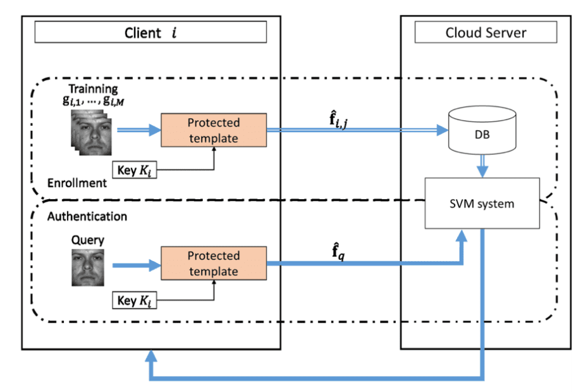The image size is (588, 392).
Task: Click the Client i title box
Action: click(150, 32)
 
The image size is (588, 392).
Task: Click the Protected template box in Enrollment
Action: click(214, 129)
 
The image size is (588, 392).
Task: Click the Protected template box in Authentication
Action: click(214, 263)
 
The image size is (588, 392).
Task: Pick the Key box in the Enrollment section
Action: click(135, 169)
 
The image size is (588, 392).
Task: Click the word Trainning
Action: click(94, 89)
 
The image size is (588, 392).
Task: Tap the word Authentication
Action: click(87, 216)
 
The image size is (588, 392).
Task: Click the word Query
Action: click(88, 241)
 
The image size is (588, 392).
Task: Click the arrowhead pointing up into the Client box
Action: click(151, 357)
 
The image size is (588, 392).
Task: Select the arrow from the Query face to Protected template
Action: click(134, 266)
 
